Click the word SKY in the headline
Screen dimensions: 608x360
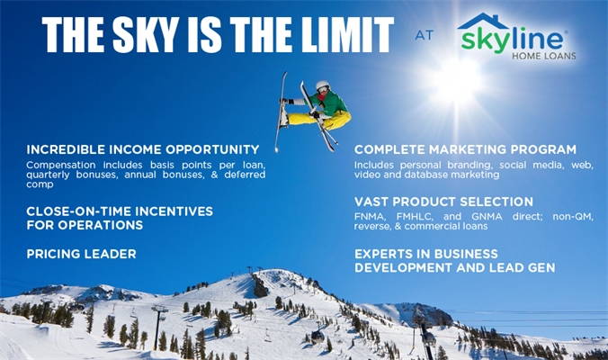point(147,34)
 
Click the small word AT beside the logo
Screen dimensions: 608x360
point(424,35)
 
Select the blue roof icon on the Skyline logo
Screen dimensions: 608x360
point(483,22)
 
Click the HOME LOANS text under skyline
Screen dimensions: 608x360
point(544,56)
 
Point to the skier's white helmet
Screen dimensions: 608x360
point(322,85)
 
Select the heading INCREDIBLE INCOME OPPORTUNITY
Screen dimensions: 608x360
point(143,149)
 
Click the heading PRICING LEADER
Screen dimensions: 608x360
point(82,254)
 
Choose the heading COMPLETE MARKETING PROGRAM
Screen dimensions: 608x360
point(465,149)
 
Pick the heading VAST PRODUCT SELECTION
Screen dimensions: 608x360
point(443,202)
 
